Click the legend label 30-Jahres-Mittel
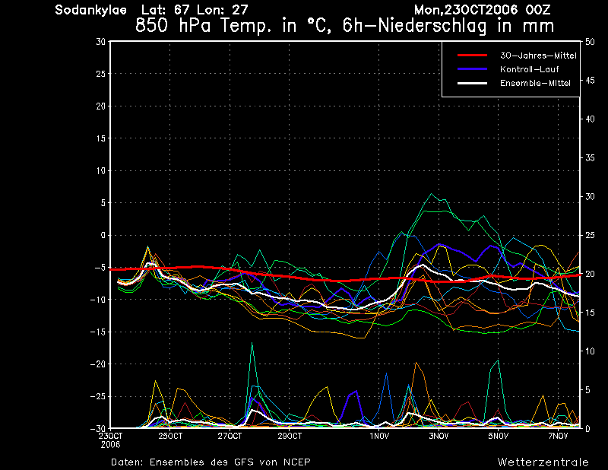tap(538, 56)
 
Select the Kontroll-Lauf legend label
tap(529, 69)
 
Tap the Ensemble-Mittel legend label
tap(535, 83)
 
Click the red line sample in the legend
tap(472, 56)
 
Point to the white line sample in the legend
tap(472, 83)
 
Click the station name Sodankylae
tap(90, 10)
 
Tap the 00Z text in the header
tap(538, 10)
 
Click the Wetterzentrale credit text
tap(543, 462)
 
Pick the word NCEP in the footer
tap(296, 462)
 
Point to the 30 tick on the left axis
tap(100, 42)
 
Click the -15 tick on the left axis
tap(97, 332)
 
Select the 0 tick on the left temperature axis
tap(103, 235)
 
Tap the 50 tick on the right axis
tap(590, 42)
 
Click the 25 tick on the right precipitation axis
tap(590, 235)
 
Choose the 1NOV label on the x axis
tap(378, 437)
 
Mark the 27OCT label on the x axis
tap(230, 437)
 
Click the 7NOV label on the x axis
tap(558, 437)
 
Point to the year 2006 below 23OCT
tap(110, 445)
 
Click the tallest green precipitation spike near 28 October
tap(252, 343)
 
